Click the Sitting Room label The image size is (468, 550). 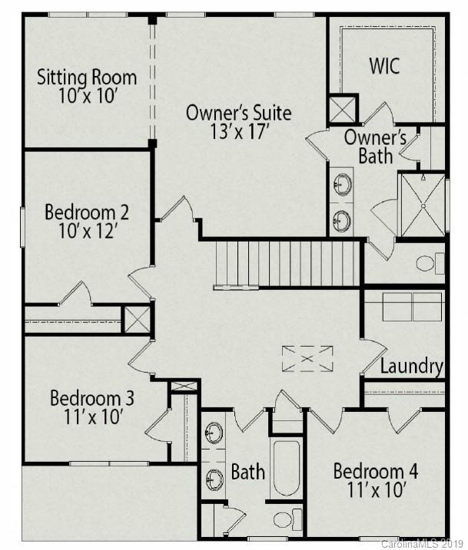(x=87, y=77)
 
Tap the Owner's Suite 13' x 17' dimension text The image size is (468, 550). (x=238, y=131)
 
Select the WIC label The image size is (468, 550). (x=384, y=65)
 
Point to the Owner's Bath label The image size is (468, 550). (x=375, y=147)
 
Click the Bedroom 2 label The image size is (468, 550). (x=87, y=211)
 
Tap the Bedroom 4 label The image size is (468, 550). (x=376, y=470)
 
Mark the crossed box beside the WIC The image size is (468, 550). (x=342, y=107)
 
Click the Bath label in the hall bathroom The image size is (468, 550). (x=248, y=471)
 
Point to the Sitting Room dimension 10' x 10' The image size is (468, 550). (x=87, y=96)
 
